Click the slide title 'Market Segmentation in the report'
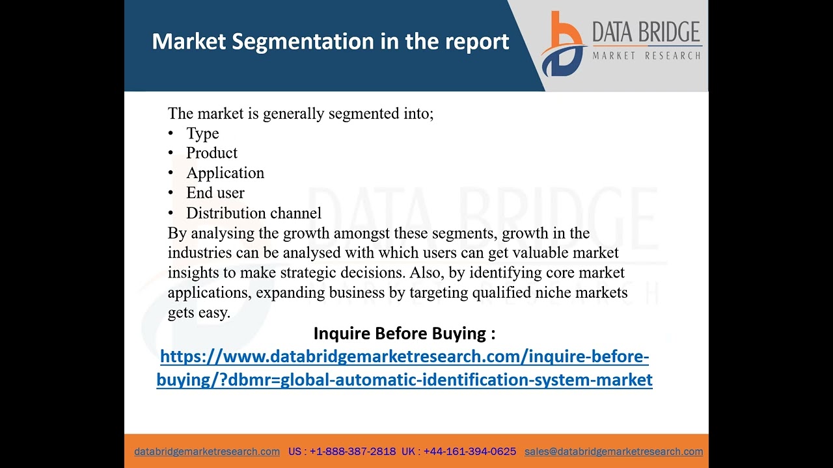point(330,42)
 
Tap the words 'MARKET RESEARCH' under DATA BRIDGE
point(646,56)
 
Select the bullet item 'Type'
point(202,133)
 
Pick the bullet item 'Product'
point(212,153)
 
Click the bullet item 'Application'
point(225,173)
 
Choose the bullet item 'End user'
point(215,193)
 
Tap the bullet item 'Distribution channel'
point(254,213)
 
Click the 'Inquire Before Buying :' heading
point(404,333)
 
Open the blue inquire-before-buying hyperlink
point(404,368)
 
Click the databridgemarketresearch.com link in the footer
point(207,451)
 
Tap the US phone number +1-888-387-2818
point(352,451)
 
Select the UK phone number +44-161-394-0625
point(469,451)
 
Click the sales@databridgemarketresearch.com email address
point(614,451)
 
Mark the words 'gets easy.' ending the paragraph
point(199,313)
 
